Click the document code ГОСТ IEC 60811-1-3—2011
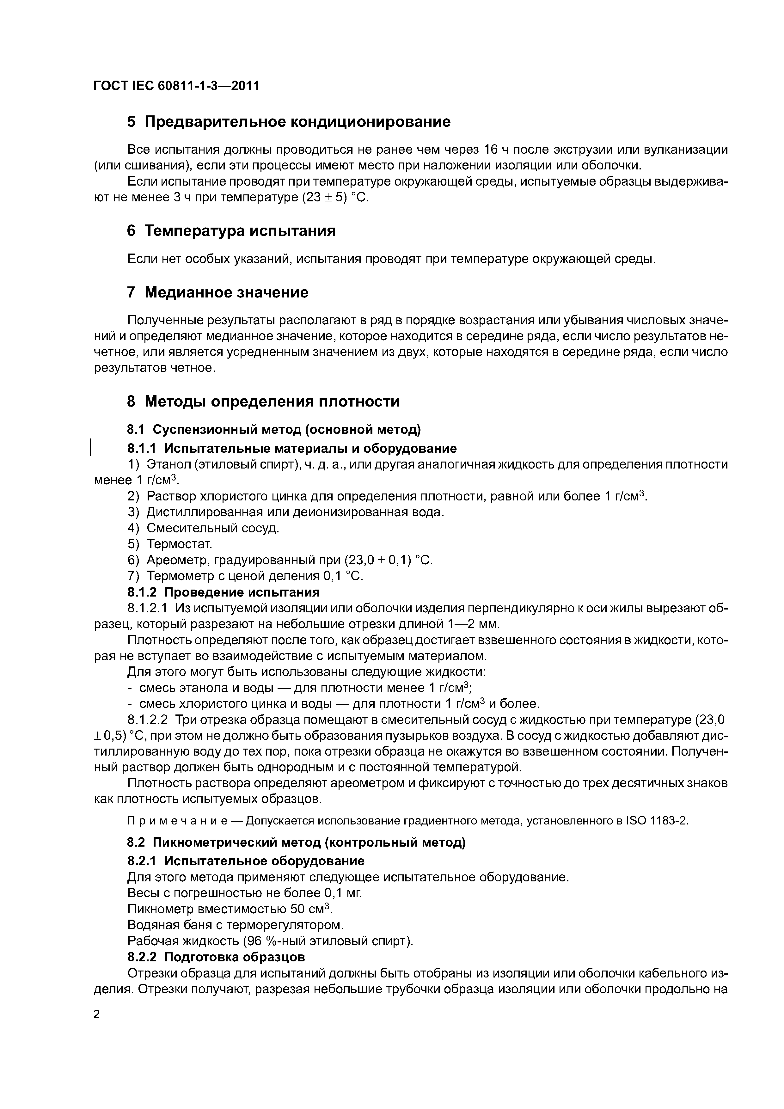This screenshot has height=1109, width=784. click(x=176, y=86)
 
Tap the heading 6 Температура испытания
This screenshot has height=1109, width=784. click(x=231, y=231)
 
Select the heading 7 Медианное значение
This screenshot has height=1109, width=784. click(x=217, y=292)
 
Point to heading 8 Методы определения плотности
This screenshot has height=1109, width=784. click(x=263, y=401)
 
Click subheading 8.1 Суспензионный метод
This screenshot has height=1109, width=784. click(x=274, y=429)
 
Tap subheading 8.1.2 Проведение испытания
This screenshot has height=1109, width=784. click(x=224, y=592)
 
